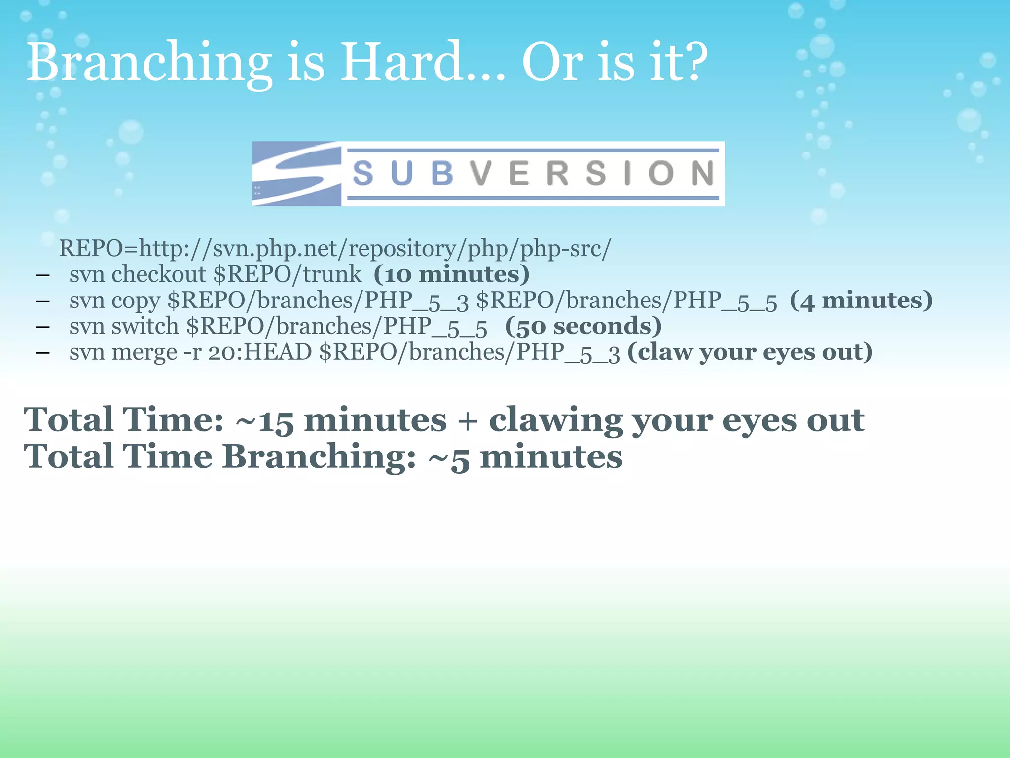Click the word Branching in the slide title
148,63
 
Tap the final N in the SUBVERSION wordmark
703,174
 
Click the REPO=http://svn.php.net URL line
334,248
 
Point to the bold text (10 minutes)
451,274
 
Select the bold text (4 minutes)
861,301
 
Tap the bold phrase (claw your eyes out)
750,352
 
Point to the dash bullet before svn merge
43,352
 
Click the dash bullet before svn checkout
43,275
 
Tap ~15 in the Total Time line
265,421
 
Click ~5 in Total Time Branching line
448,457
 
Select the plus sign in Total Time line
468,421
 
